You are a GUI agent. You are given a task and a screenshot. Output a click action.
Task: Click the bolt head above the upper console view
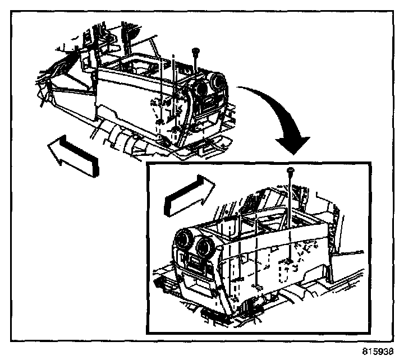click(195, 52)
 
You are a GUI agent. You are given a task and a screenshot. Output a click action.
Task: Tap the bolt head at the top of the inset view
click(291, 170)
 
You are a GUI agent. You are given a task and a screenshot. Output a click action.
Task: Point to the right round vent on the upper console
click(217, 84)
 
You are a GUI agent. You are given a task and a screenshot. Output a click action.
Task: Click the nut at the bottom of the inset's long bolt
click(287, 261)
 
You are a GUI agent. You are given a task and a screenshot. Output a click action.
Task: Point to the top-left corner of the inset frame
click(146, 164)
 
